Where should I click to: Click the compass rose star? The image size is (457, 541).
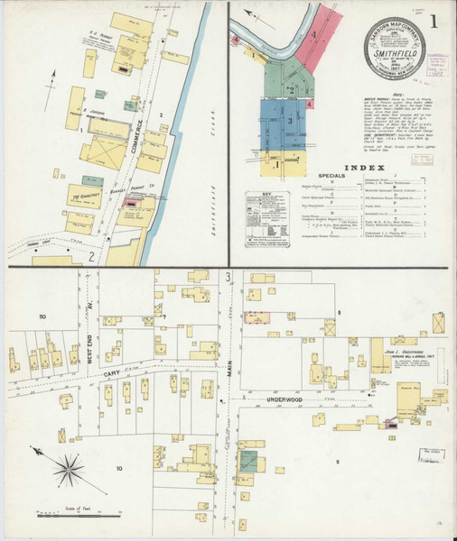coord(69,467)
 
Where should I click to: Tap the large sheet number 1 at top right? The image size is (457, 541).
coord(437,22)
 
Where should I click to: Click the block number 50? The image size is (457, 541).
coord(42,316)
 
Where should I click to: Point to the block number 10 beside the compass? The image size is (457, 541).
coord(118,468)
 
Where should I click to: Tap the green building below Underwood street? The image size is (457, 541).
coord(247,462)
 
